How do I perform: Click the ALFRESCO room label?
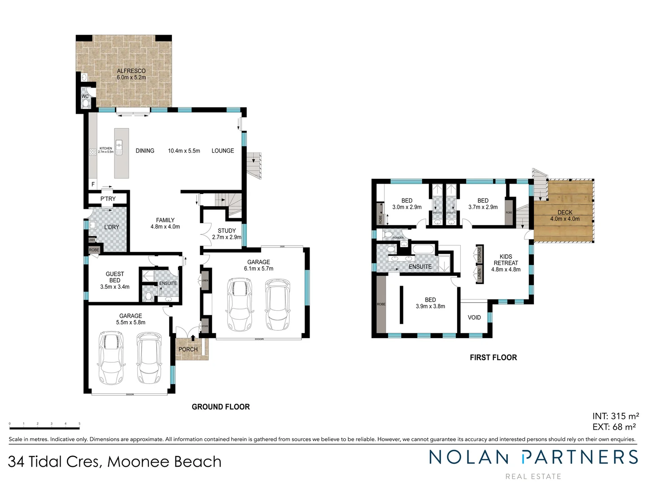[x=131, y=71]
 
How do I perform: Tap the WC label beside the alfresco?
[x=85, y=97]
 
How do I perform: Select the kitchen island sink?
[x=119, y=145]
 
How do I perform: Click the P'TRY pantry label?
[x=108, y=198]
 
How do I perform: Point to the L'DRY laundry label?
[x=112, y=227]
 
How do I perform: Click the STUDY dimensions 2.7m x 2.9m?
[x=227, y=237]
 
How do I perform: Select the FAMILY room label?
[x=165, y=220]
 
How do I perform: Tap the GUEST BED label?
[x=115, y=277]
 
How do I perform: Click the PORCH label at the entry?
[x=188, y=349]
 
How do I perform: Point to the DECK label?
[x=565, y=212]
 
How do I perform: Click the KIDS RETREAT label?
[x=506, y=260]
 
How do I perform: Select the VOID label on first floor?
[x=474, y=317]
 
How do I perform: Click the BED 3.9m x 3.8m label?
[x=430, y=300]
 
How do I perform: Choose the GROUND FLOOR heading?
[x=221, y=406]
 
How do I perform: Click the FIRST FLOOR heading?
[x=493, y=357]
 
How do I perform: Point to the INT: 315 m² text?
[x=615, y=416]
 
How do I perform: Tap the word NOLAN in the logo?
[x=468, y=457]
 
